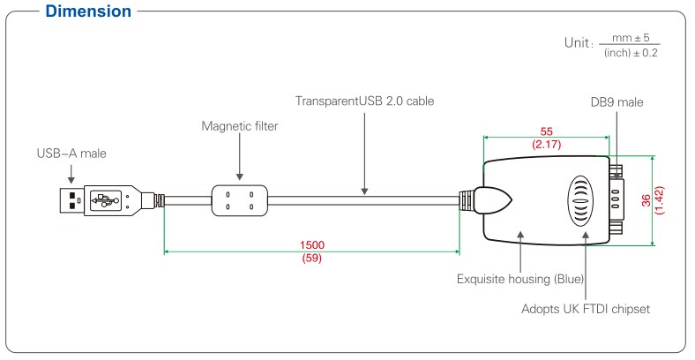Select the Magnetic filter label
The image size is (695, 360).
[240, 126]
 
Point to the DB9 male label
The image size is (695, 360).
[617, 102]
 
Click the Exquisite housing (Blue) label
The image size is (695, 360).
[520, 278]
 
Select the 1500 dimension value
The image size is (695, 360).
[312, 244]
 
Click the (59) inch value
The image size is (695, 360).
[312, 259]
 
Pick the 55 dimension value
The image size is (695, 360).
[546, 128]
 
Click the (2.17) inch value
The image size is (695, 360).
[546, 141]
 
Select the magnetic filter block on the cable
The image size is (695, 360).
[240, 201]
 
